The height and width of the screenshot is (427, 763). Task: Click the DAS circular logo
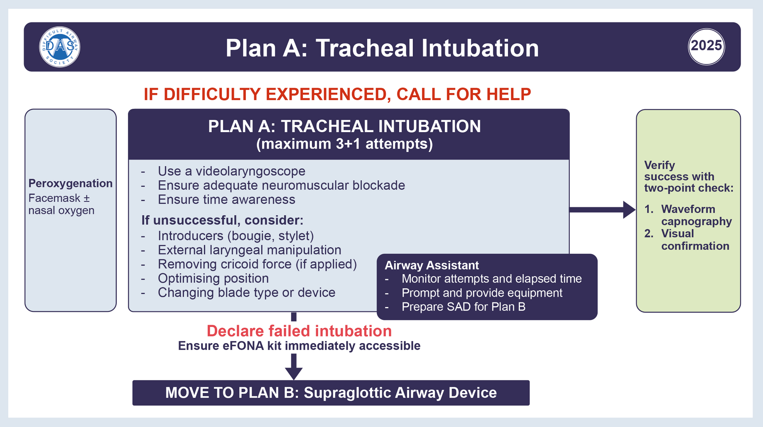(x=59, y=47)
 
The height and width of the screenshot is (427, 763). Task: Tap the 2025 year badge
(x=706, y=46)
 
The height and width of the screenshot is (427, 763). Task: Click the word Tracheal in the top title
(x=365, y=48)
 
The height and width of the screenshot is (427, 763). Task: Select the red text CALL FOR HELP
(x=464, y=94)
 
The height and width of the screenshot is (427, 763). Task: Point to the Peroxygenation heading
(x=70, y=184)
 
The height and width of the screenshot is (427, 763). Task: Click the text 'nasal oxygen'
(x=61, y=211)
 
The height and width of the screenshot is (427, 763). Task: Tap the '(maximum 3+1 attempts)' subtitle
(x=344, y=144)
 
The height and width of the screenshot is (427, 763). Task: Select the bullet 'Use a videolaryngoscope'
(x=231, y=171)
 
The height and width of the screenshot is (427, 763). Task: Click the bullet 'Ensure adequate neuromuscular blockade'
(x=281, y=185)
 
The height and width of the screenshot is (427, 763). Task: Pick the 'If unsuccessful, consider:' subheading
(x=222, y=220)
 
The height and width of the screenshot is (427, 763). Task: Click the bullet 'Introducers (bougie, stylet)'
(x=236, y=236)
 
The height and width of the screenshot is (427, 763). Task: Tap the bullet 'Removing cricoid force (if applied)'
(x=257, y=264)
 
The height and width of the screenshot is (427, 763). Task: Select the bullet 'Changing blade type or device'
(x=246, y=292)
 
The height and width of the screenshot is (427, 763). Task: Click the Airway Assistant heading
(x=432, y=265)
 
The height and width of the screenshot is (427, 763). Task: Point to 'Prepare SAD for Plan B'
(x=464, y=307)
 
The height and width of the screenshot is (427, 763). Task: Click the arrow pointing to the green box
(x=602, y=209)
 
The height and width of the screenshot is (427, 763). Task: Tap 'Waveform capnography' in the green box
(x=696, y=215)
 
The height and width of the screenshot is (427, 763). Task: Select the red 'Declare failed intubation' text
(x=299, y=331)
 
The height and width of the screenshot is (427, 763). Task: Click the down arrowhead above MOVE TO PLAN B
(x=294, y=373)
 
